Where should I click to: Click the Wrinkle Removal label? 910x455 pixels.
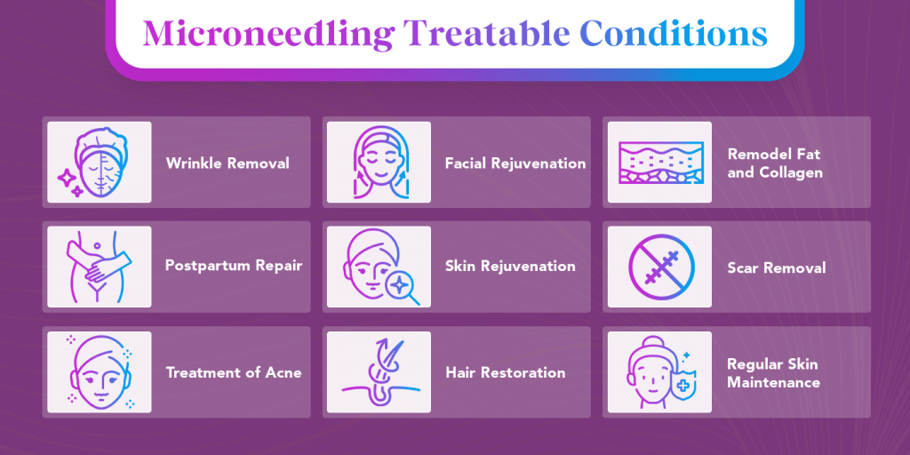[x=227, y=164]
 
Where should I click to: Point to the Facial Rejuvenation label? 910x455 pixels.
[x=515, y=164]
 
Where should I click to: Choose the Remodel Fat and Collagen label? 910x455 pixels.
[x=775, y=164]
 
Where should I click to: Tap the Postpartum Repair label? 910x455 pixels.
[x=234, y=266]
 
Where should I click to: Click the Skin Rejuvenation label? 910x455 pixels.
[x=510, y=266]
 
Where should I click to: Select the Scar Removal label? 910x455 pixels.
[x=777, y=267]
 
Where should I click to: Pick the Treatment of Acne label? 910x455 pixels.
[x=234, y=372]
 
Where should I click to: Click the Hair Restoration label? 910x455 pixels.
[x=505, y=372]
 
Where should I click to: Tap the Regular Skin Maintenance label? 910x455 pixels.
[x=773, y=373]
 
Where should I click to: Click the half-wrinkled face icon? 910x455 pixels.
[x=99, y=163]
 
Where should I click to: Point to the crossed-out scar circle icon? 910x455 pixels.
[x=660, y=267]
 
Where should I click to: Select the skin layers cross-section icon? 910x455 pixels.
[x=660, y=163]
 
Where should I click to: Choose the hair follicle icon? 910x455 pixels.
[x=379, y=372]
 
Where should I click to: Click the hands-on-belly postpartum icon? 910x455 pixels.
[x=99, y=267]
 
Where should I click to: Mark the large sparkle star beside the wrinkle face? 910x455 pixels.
[x=68, y=178]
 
